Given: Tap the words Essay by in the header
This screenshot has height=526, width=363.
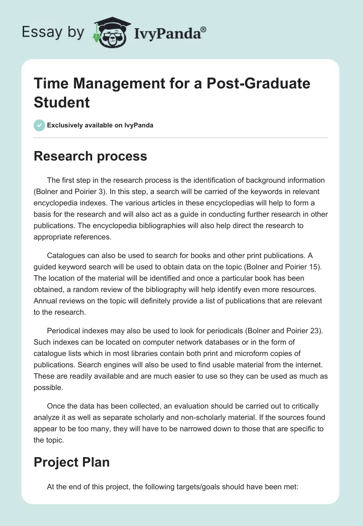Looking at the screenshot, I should tap(53, 32).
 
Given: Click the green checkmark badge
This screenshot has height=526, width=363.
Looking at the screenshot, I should tap(39, 125).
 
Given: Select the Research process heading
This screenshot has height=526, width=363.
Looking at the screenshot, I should tap(91, 156).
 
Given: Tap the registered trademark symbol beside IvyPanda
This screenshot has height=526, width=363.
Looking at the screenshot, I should tap(203, 29).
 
